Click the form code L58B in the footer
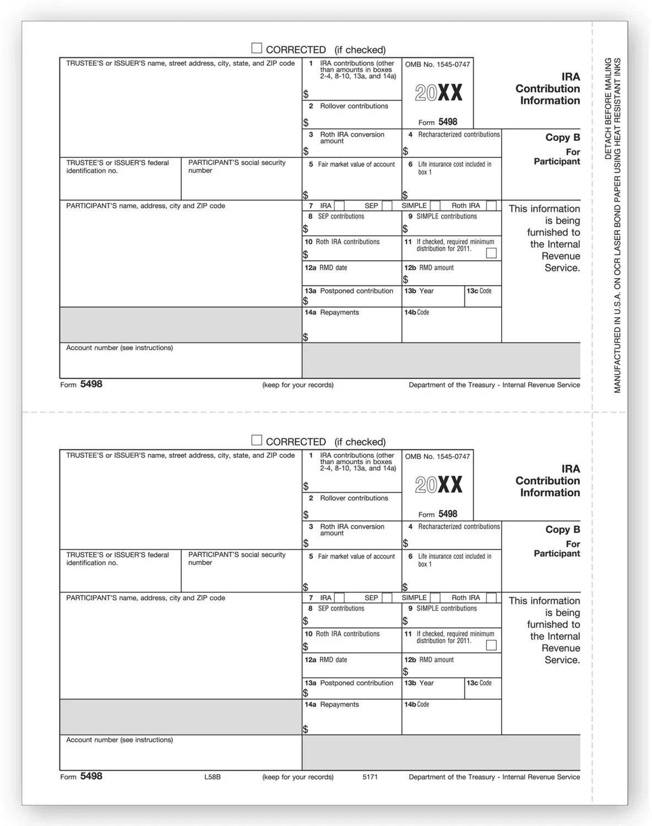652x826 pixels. point(212,777)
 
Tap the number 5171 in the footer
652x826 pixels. point(370,777)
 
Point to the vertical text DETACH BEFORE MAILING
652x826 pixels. point(608,108)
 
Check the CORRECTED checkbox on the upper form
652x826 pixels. point(257,48)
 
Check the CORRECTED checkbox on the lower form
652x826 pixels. point(257,441)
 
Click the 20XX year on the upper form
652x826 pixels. point(438,93)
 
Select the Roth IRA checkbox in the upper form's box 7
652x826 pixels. point(492,206)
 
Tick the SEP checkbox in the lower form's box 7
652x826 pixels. point(387,598)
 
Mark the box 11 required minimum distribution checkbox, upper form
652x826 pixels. point(492,253)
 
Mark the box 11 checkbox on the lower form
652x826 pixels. point(492,645)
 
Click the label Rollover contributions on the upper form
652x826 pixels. point(354,106)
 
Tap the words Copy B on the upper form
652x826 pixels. point(562,138)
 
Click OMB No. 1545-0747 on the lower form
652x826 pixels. point(437,457)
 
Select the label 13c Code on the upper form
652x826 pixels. point(479,291)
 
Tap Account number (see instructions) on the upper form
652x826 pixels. point(119,348)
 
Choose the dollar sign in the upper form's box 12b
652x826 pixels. point(406,280)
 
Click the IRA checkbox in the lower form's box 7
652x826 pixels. point(339,598)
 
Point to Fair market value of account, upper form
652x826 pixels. point(356,164)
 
